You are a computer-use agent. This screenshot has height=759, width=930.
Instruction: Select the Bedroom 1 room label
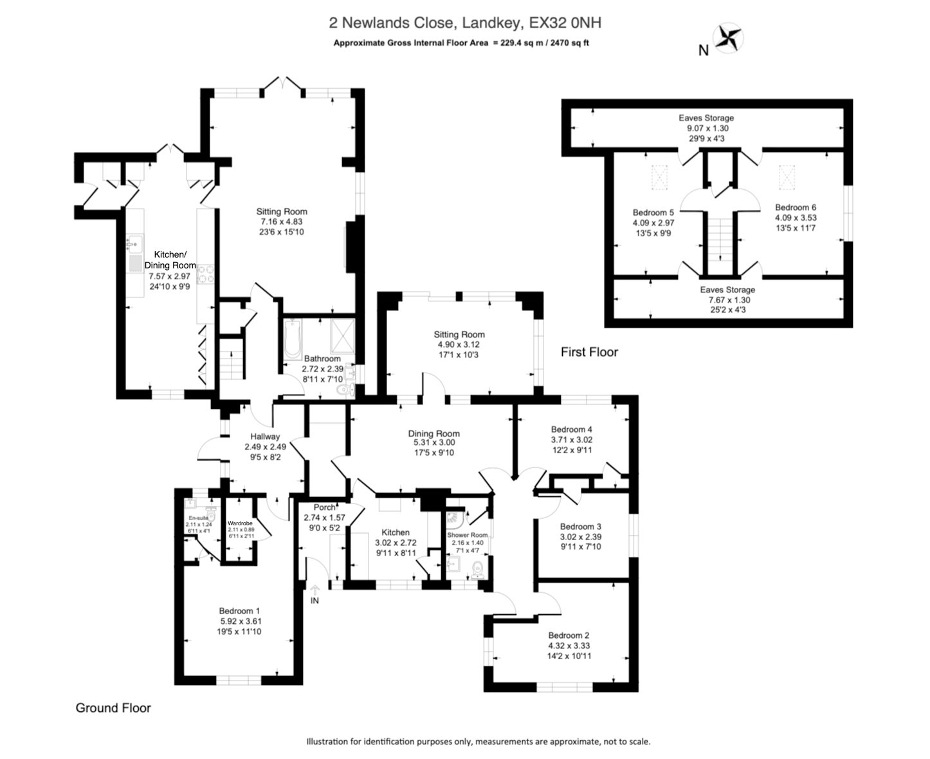(239, 611)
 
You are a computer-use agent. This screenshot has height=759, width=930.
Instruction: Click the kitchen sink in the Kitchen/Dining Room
(134, 243)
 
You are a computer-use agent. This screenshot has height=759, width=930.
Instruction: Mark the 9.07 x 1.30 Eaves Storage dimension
(706, 128)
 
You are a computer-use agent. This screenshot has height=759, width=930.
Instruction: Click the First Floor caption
(589, 352)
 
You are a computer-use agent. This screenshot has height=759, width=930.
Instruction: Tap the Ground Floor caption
(113, 708)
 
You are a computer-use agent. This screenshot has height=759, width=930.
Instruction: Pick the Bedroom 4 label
(571, 429)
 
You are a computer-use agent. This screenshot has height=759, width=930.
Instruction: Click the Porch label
(324, 507)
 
